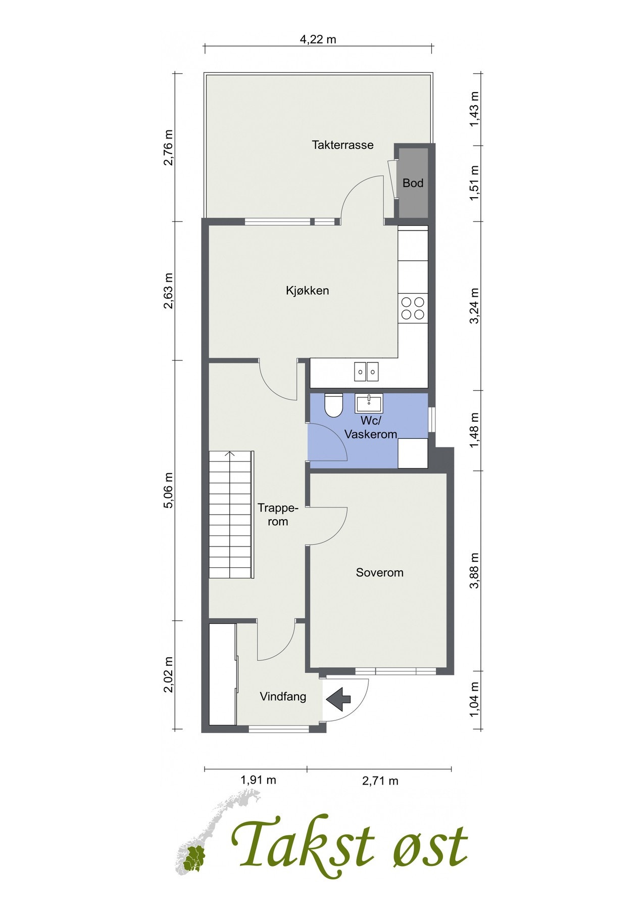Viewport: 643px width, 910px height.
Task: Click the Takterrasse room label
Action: (x=342, y=145)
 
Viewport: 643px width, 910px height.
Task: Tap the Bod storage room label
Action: (x=413, y=183)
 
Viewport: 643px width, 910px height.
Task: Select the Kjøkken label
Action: (x=307, y=291)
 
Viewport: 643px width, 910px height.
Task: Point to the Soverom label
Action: (x=379, y=572)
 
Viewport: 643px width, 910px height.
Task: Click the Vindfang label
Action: (x=283, y=697)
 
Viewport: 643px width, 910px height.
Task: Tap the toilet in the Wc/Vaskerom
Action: (x=333, y=405)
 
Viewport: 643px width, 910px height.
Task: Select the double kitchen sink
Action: (x=367, y=371)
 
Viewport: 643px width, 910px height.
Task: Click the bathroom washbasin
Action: (x=369, y=403)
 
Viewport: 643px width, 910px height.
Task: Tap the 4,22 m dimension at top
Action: (x=318, y=39)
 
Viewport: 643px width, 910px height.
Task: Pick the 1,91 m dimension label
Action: (x=258, y=780)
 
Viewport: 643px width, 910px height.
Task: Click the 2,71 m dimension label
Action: (x=380, y=781)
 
